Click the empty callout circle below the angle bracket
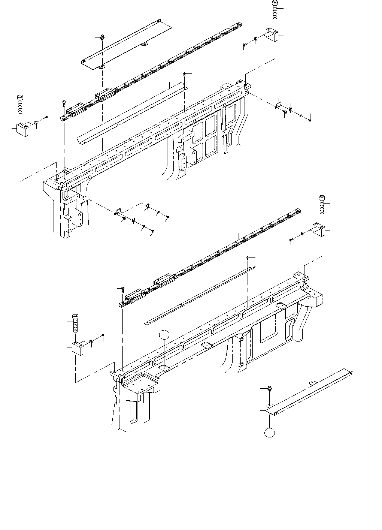269,432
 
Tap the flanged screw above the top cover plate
102,37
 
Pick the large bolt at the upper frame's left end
20,103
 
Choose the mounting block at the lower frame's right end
319,229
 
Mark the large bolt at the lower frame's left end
76,322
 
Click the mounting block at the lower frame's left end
78,349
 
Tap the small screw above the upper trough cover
185,74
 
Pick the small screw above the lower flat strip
248,258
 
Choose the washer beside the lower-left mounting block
92,341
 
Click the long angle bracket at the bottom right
311,392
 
